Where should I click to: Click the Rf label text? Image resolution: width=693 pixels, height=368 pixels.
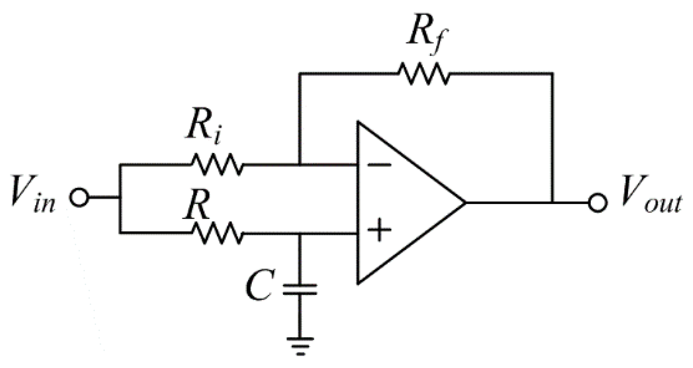(427, 37)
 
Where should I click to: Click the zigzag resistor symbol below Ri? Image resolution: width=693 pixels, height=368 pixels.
(217, 165)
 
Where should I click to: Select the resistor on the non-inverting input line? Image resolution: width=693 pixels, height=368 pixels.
(217, 233)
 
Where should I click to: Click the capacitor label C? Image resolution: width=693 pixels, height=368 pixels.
(259, 285)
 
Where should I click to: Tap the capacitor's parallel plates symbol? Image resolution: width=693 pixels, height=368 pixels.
(300, 289)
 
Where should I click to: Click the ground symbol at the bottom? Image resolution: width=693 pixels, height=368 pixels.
(300, 345)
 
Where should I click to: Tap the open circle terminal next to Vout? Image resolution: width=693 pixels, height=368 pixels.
(598, 203)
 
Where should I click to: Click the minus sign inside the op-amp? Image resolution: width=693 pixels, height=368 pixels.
(379, 165)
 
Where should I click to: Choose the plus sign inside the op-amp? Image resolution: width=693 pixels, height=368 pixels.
(379, 229)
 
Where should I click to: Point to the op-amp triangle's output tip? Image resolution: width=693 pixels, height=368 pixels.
(464, 202)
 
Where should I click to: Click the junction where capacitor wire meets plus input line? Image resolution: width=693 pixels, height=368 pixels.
(300, 234)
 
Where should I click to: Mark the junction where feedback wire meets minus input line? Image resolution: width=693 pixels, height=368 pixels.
(300, 165)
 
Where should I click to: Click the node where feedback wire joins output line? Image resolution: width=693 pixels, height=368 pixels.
(552, 202)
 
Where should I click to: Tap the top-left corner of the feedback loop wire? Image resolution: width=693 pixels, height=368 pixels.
(300, 74)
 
